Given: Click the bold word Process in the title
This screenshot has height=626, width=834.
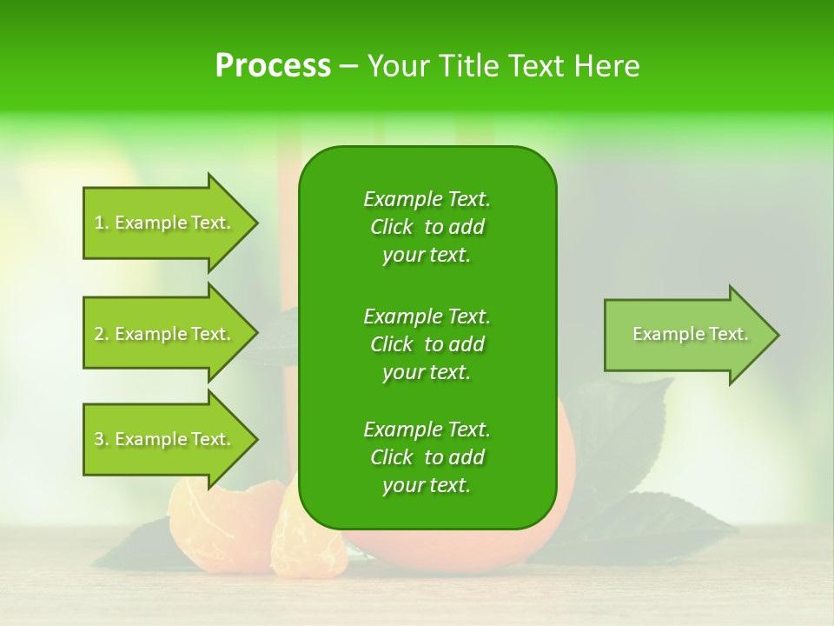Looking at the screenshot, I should (x=273, y=66).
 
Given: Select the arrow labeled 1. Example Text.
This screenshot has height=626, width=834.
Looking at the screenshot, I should (x=165, y=223).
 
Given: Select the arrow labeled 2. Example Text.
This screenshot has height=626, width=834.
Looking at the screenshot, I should (x=165, y=334).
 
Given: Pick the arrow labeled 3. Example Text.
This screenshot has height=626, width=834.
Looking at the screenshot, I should (x=165, y=439).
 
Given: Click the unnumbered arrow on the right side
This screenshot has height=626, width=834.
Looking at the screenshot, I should (x=686, y=334).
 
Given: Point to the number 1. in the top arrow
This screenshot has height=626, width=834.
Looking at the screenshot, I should (x=102, y=223).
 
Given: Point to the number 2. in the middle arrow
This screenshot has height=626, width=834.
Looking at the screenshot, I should (x=102, y=334).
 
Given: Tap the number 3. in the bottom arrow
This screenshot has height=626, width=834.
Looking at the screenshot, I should (x=102, y=439).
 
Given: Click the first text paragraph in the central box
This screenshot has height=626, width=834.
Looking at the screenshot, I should (x=427, y=227).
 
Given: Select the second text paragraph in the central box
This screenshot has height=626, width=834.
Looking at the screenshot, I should (x=427, y=343).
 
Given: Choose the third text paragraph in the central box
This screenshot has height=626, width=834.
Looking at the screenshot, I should (x=427, y=457).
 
